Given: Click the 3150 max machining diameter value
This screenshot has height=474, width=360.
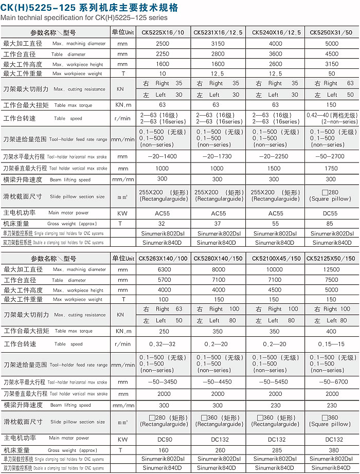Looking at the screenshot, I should tap(218, 44).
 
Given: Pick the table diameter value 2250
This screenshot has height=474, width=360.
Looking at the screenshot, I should tap(163, 54).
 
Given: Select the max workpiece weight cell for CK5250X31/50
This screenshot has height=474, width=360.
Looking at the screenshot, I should tap(332, 74).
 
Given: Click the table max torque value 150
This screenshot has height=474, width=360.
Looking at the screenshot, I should tap(332, 105).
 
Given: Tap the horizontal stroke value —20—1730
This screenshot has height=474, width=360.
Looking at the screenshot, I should tap(218, 156).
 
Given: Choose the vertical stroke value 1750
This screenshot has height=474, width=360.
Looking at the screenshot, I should tap(332, 168).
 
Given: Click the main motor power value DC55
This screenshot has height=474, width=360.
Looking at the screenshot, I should tap(332, 213).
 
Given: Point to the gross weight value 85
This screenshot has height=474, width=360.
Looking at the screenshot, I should tap(332, 224).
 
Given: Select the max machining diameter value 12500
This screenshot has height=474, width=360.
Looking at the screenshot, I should tap(332, 269).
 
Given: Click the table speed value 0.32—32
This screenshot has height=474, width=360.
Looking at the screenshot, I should tap(163, 344).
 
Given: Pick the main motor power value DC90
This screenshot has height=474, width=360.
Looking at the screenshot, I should tap(163, 440).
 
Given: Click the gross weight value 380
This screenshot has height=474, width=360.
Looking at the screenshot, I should tap(332, 450).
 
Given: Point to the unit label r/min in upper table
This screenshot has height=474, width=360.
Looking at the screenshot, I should tap(123, 119).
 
